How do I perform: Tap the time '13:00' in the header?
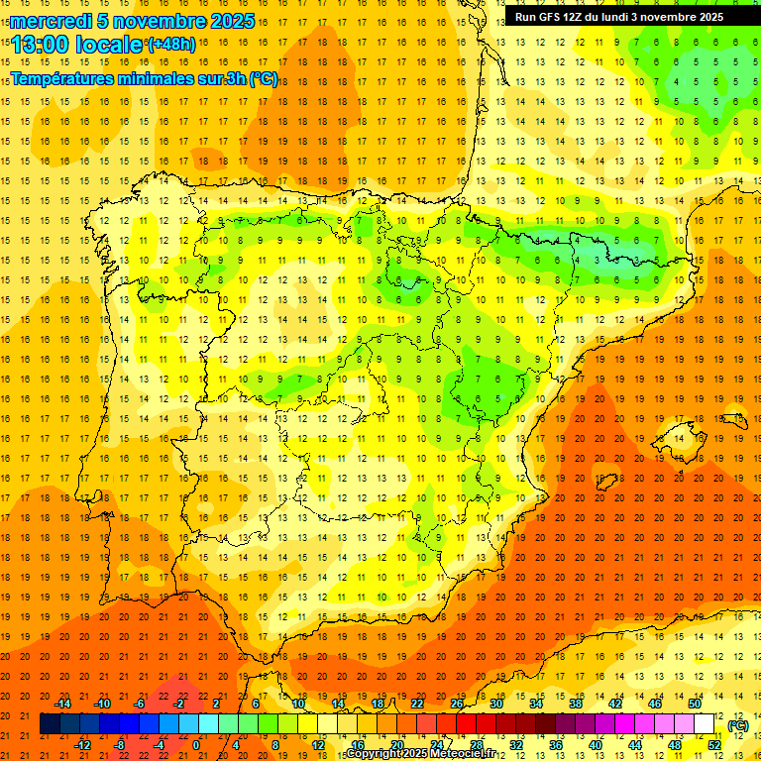[39, 45]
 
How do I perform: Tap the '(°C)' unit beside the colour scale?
[737, 725]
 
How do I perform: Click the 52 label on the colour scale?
[714, 745]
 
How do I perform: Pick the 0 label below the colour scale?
[196, 745]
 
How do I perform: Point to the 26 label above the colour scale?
[457, 704]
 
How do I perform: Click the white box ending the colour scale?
[705, 724]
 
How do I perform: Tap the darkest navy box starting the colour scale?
[50, 724]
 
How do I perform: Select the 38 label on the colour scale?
[576, 704]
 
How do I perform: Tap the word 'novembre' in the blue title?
[161, 21]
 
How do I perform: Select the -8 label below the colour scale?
[119, 745]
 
